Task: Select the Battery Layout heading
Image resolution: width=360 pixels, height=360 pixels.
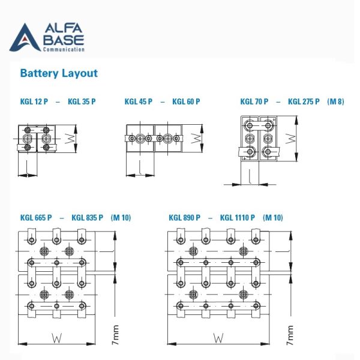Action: point(59,74)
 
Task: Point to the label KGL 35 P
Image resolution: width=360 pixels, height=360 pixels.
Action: point(82,102)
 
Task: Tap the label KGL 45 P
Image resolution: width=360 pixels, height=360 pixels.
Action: point(138,102)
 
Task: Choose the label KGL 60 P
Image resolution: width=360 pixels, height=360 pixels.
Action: point(186,102)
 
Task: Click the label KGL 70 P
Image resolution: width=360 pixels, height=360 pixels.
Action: point(254,102)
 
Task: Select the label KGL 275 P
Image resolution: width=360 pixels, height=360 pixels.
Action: point(304,102)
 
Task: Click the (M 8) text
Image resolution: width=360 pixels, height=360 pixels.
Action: point(336,102)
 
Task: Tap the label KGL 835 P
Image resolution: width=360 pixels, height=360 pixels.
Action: point(88,218)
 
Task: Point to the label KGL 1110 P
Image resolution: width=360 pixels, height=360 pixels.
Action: point(238,218)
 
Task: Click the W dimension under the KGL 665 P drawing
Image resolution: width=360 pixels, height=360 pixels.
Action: point(56,338)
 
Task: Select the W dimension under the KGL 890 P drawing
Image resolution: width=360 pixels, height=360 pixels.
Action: point(217,338)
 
